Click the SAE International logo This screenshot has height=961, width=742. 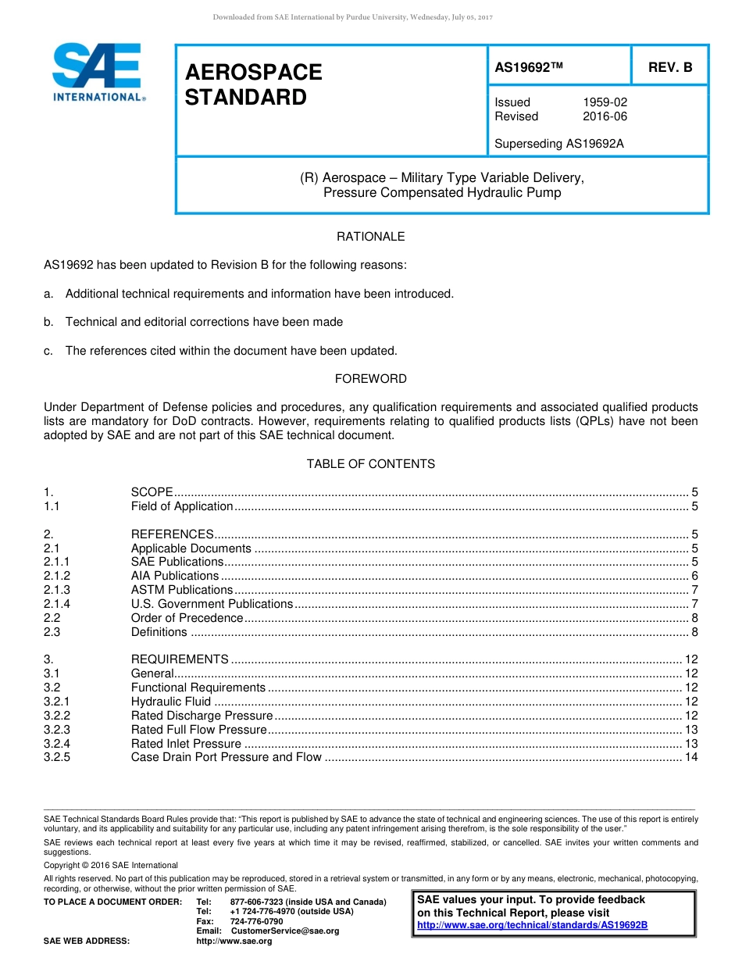[98, 72]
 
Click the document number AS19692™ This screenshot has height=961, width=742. [529, 68]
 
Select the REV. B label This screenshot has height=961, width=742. [669, 68]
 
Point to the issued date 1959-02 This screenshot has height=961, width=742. [605, 102]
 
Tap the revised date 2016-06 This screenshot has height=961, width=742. [605, 116]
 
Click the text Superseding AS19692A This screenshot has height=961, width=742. [558, 144]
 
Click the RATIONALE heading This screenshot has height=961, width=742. [370, 237]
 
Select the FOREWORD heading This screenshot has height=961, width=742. [370, 379]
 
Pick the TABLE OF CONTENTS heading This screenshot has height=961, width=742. [370, 464]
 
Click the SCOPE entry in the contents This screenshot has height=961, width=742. [152, 492]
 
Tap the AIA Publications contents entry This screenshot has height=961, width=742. [174, 576]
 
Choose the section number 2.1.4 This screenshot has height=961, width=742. [57, 604]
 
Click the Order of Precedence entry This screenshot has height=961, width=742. [187, 618]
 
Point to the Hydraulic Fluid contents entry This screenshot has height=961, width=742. [170, 702]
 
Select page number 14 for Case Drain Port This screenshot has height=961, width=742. [690, 757]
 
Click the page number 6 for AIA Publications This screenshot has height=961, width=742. [694, 576]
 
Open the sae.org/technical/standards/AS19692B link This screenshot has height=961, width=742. [532, 925]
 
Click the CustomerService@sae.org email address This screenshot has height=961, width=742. [284, 931]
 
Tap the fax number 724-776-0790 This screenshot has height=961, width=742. [256, 922]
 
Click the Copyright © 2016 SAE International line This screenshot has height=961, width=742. [111, 866]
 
